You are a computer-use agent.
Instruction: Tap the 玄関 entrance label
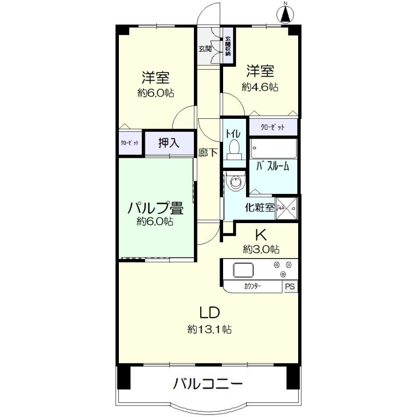pyautogui.click(x=205, y=50)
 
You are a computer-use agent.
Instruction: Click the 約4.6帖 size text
pyautogui.click(x=260, y=87)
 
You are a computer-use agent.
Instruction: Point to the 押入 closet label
pyautogui.click(x=169, y=143)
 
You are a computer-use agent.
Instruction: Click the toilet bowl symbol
pyautogui.click(x=234, y=149)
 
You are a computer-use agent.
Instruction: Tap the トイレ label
pyautogui.click(x=232, y=133)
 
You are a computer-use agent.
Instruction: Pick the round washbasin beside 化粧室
pyautogui.click(x=237, y=182)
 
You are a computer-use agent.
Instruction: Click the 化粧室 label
pyautogui.click(x=260, y=207)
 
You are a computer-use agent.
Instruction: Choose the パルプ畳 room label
pyautogui.click(x=155, y=207)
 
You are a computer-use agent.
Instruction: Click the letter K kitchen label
pyautogui.click(x=260, y=234)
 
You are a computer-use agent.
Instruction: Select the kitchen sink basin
pyautogui.click(x=243, y=271)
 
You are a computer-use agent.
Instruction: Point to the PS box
pyautogui.click(x=290, y=286)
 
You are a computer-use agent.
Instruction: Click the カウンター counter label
pyautogui.click(x=252, y=286)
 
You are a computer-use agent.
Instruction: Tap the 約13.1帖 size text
pyautogui.click(x=210, y=329)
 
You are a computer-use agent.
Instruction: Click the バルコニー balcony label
pyautogui.click(x=208, y=385)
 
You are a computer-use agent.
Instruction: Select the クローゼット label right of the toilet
pyautogui.click(x=273, y=127)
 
